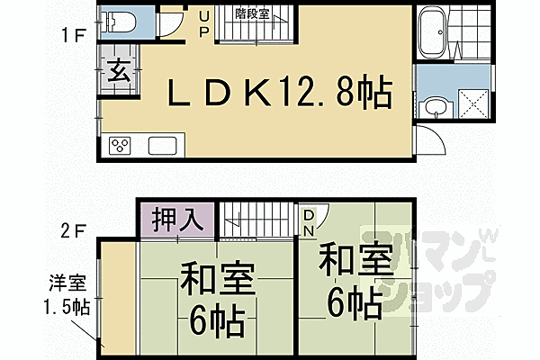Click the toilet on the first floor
click(x=119, y=21)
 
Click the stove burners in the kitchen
click(x=120, y=146)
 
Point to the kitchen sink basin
click(x=162, y=146)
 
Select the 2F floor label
click(x=74, y=229)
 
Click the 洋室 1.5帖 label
click(x=70, y=295)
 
